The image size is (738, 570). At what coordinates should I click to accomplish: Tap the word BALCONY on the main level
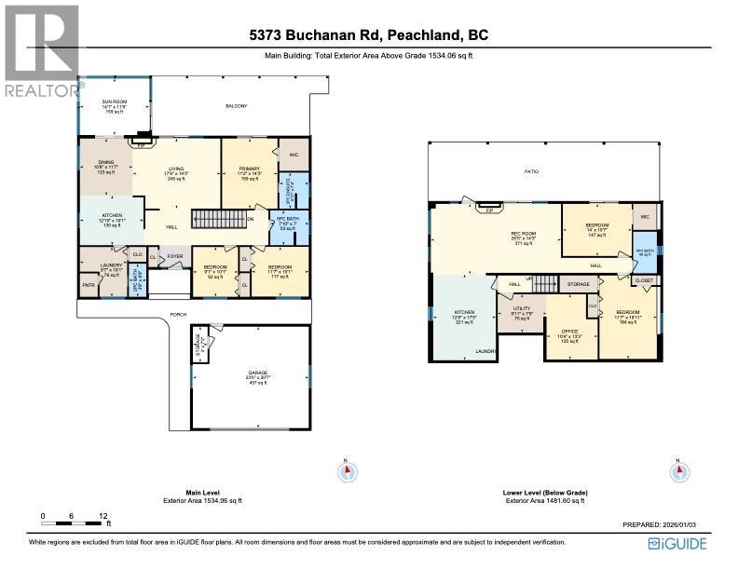coord(237,106)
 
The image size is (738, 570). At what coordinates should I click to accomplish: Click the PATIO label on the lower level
coord(531,171)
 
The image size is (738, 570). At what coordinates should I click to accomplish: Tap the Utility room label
coord(520,313)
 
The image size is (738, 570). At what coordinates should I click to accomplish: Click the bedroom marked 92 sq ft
coord(215,272)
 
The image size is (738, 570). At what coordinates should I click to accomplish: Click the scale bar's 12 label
coord(103,515)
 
